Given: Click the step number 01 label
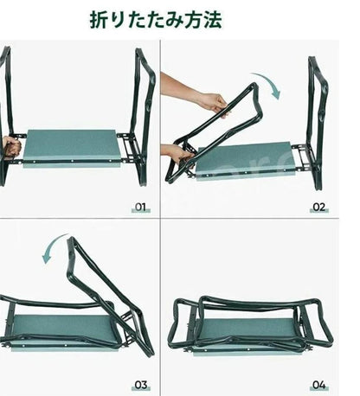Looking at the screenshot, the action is click(140, 207).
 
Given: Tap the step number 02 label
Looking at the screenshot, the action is click(318, 207).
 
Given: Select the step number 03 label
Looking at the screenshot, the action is click(141, 385).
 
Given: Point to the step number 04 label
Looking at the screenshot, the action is click(319, 385).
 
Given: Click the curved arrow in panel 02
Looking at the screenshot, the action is click(271, 80).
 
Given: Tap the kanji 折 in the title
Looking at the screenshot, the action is click(98, 20).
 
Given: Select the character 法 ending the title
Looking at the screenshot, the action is click(213, 20).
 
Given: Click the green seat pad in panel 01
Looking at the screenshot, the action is click(72, 148).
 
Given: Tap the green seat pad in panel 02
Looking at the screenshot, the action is click(245, 160).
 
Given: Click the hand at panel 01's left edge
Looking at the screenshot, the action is click(11, 146).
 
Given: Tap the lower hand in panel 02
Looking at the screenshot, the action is click(177, 154).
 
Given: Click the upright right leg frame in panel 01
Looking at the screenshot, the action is click(142, 115).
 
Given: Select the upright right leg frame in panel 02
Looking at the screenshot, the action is click(318, 121).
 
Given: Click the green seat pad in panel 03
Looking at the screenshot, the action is click(62, 331).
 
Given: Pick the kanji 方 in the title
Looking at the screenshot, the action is click(194, 20).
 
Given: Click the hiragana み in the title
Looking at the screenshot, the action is click(174, 20).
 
